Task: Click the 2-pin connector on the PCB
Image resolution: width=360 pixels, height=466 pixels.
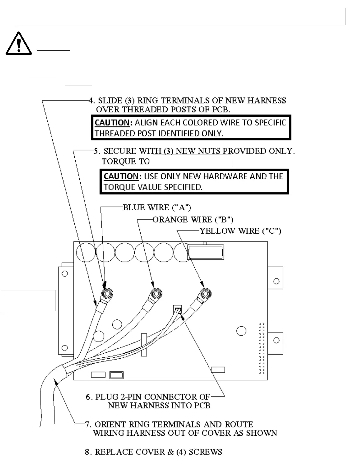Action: (x=178, y=309)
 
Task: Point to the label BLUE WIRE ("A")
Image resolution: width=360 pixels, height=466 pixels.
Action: (x=157, y=208)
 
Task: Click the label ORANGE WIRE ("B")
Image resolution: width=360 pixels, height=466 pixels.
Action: (x=193, y=220)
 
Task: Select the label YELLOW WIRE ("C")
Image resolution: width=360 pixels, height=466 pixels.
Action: (x=240, y=231)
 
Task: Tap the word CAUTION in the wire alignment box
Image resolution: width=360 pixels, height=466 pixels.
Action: (x=112, y=123)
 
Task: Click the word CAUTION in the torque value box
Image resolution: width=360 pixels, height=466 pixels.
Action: (x=121, y=177)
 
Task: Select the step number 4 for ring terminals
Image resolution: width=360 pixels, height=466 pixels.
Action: (x=91, y=101)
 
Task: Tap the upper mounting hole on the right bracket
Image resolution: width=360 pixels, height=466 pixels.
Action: (x=276, y=281)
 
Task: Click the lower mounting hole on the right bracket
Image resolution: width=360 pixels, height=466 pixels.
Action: (x=276, y=341)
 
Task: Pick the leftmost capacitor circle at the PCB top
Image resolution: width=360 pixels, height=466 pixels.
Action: (x=86, y=252)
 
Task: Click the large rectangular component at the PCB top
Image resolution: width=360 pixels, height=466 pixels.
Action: (x=206, y=252)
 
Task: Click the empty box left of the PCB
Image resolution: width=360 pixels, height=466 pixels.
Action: (x=28, y=300)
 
